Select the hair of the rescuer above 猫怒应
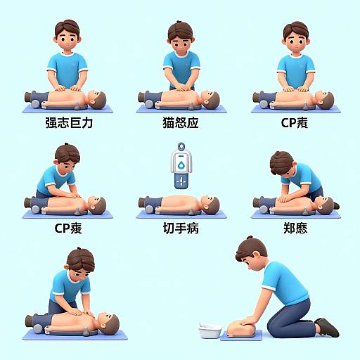pos(180,30)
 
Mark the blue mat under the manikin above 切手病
pos(179,213)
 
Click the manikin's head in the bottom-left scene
pos(108,323)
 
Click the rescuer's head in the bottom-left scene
pos(78,263)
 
